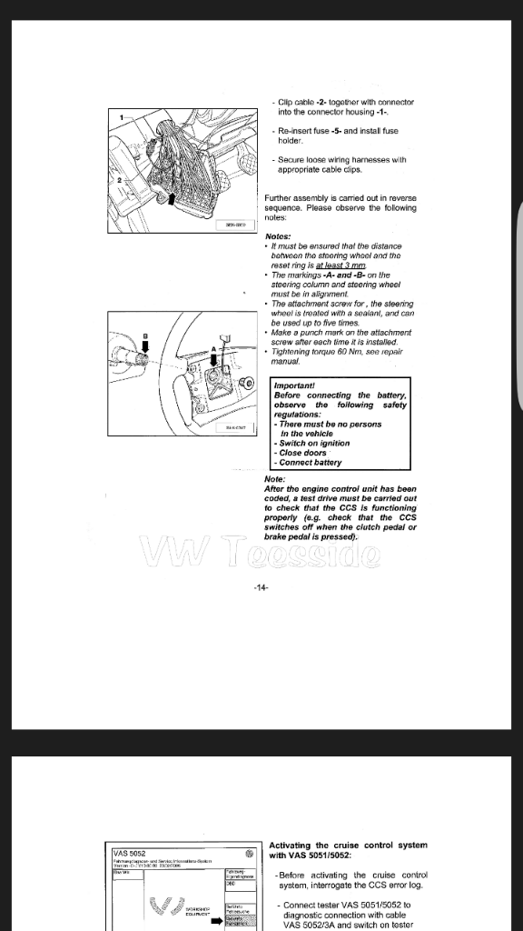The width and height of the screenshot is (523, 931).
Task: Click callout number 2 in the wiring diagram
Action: (x=119, y=181)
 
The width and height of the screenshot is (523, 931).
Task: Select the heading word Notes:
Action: (x=278, y=236)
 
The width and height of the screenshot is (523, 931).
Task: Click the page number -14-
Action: (x=261, y=587)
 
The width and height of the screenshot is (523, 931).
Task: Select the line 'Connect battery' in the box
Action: (x=310, y=463)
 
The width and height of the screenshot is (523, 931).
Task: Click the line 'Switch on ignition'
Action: (x=313, y=444)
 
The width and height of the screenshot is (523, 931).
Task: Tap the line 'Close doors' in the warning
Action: (x=303, y=453)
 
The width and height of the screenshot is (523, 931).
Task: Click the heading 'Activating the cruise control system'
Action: (x=348, y=845)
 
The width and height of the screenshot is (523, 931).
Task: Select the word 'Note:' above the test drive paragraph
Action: (x=274, y=479)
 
